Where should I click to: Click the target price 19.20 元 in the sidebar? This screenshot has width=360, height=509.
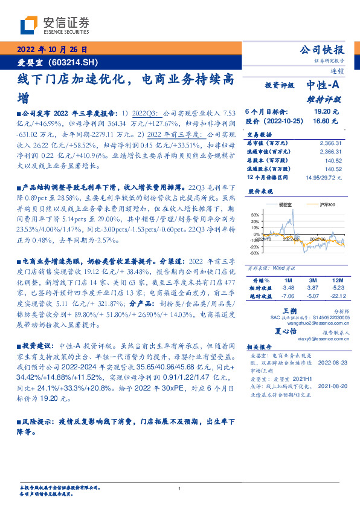pyautogui.click(x=326, y=112)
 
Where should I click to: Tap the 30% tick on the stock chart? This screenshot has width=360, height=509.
pyautogui.click(x=256, y=215)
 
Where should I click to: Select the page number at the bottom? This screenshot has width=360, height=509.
pyautogui.click(x=180, y=489)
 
